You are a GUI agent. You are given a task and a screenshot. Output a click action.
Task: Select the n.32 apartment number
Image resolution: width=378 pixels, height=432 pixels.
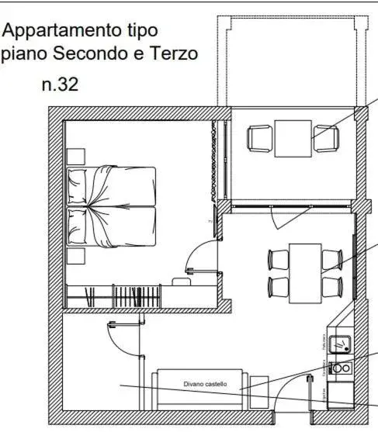(60, 84)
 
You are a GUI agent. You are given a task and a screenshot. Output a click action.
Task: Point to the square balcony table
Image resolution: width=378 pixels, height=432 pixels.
(293, 138)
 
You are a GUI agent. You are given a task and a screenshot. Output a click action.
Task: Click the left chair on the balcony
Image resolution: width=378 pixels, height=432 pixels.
(258, 139)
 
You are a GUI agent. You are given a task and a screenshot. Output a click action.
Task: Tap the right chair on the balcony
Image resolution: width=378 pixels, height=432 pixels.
(327, 139)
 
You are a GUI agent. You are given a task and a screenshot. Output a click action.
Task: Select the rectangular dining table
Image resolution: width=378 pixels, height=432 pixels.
(305, 273)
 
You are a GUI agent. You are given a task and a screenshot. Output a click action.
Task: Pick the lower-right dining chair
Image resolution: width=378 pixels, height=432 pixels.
(332, 288)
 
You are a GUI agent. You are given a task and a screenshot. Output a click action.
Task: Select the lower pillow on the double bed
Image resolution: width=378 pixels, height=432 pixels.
(76, 226)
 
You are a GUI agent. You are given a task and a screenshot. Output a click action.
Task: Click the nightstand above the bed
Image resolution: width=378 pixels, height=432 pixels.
(75, 156)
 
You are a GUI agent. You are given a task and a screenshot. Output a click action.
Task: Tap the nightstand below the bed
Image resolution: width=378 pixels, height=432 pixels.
(75, 256)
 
